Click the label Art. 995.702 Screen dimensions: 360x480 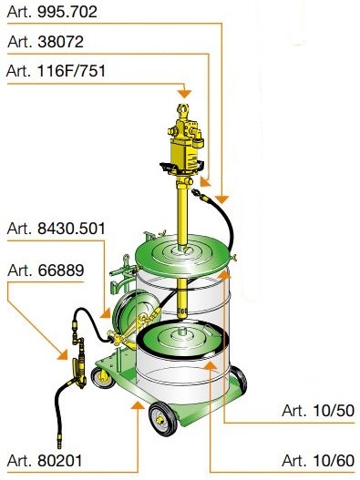52,12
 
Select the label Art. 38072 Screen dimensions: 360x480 46,41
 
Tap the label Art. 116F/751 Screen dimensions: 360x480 56,71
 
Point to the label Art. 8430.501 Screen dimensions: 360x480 57,229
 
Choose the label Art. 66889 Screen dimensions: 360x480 46,270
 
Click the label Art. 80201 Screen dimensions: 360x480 45,460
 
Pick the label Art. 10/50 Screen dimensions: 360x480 318,411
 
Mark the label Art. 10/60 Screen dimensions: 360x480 318,460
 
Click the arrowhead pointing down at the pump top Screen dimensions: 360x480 184,94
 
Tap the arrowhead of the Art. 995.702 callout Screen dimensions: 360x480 221,199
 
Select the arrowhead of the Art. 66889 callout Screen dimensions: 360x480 63,354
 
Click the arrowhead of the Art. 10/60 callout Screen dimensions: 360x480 210,365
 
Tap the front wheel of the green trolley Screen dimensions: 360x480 163,418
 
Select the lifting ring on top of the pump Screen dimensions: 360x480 182,109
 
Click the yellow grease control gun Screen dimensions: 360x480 77,363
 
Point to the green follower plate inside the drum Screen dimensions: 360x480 182,338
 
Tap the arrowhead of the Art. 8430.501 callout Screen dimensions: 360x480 106,313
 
